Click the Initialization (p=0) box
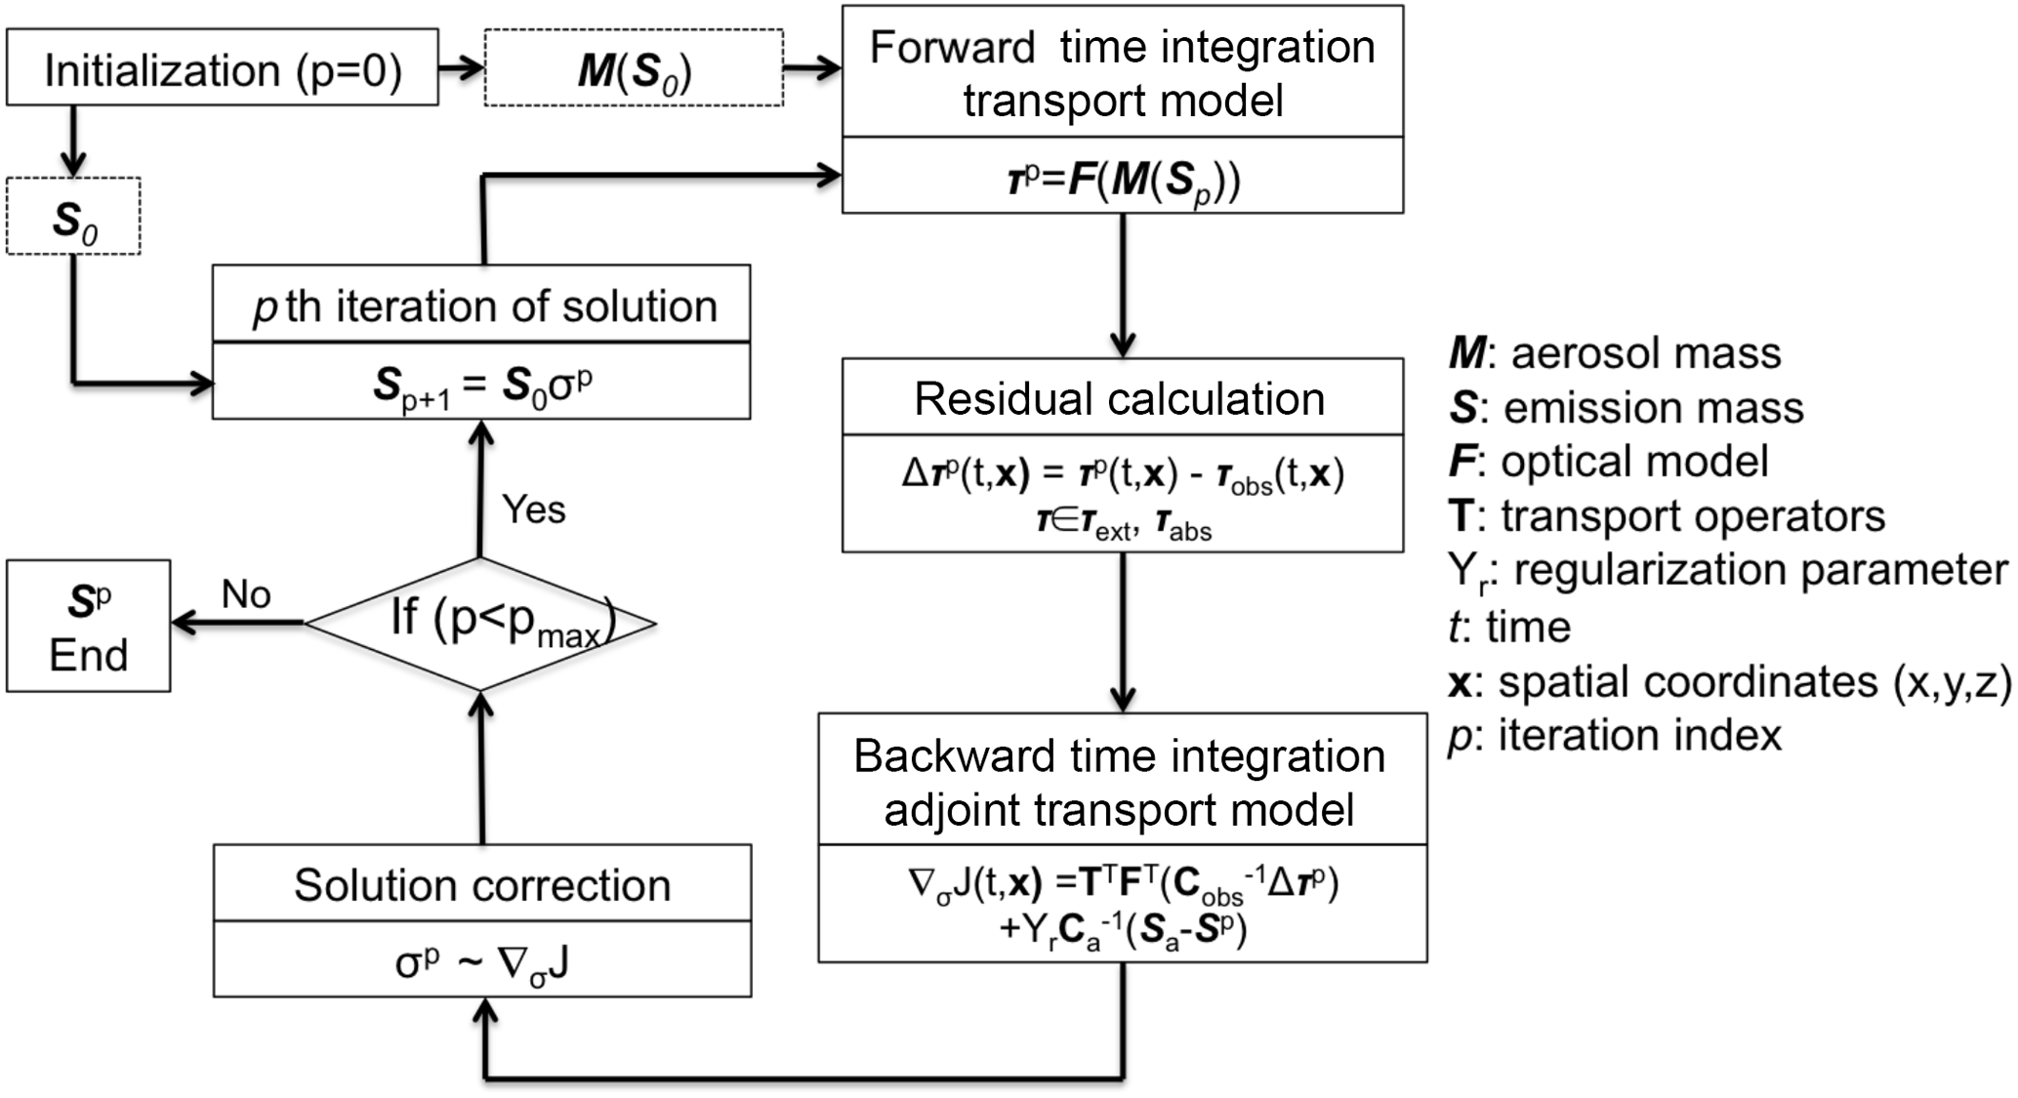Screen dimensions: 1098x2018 pos(223,68)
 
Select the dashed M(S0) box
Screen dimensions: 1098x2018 pos(634,69)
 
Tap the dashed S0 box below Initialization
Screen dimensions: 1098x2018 pos(74,217)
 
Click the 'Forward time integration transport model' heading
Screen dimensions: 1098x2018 pos(1123,73)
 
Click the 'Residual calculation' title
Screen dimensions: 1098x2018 pos(1120,399)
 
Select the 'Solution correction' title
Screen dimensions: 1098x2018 pos(482,885)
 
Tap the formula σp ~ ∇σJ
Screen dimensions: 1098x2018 pos(482,962)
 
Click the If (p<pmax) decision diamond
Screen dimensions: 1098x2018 pos(480,624)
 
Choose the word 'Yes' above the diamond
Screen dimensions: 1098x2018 pos(533,509)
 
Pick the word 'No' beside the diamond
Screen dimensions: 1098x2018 pos(246,593)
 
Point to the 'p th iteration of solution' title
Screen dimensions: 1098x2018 pos(482,306)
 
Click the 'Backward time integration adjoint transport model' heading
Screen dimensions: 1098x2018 pos(1120,783)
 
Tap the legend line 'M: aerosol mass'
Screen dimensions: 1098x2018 pos(1616,353)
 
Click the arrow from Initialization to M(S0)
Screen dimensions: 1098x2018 pos(461,68)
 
